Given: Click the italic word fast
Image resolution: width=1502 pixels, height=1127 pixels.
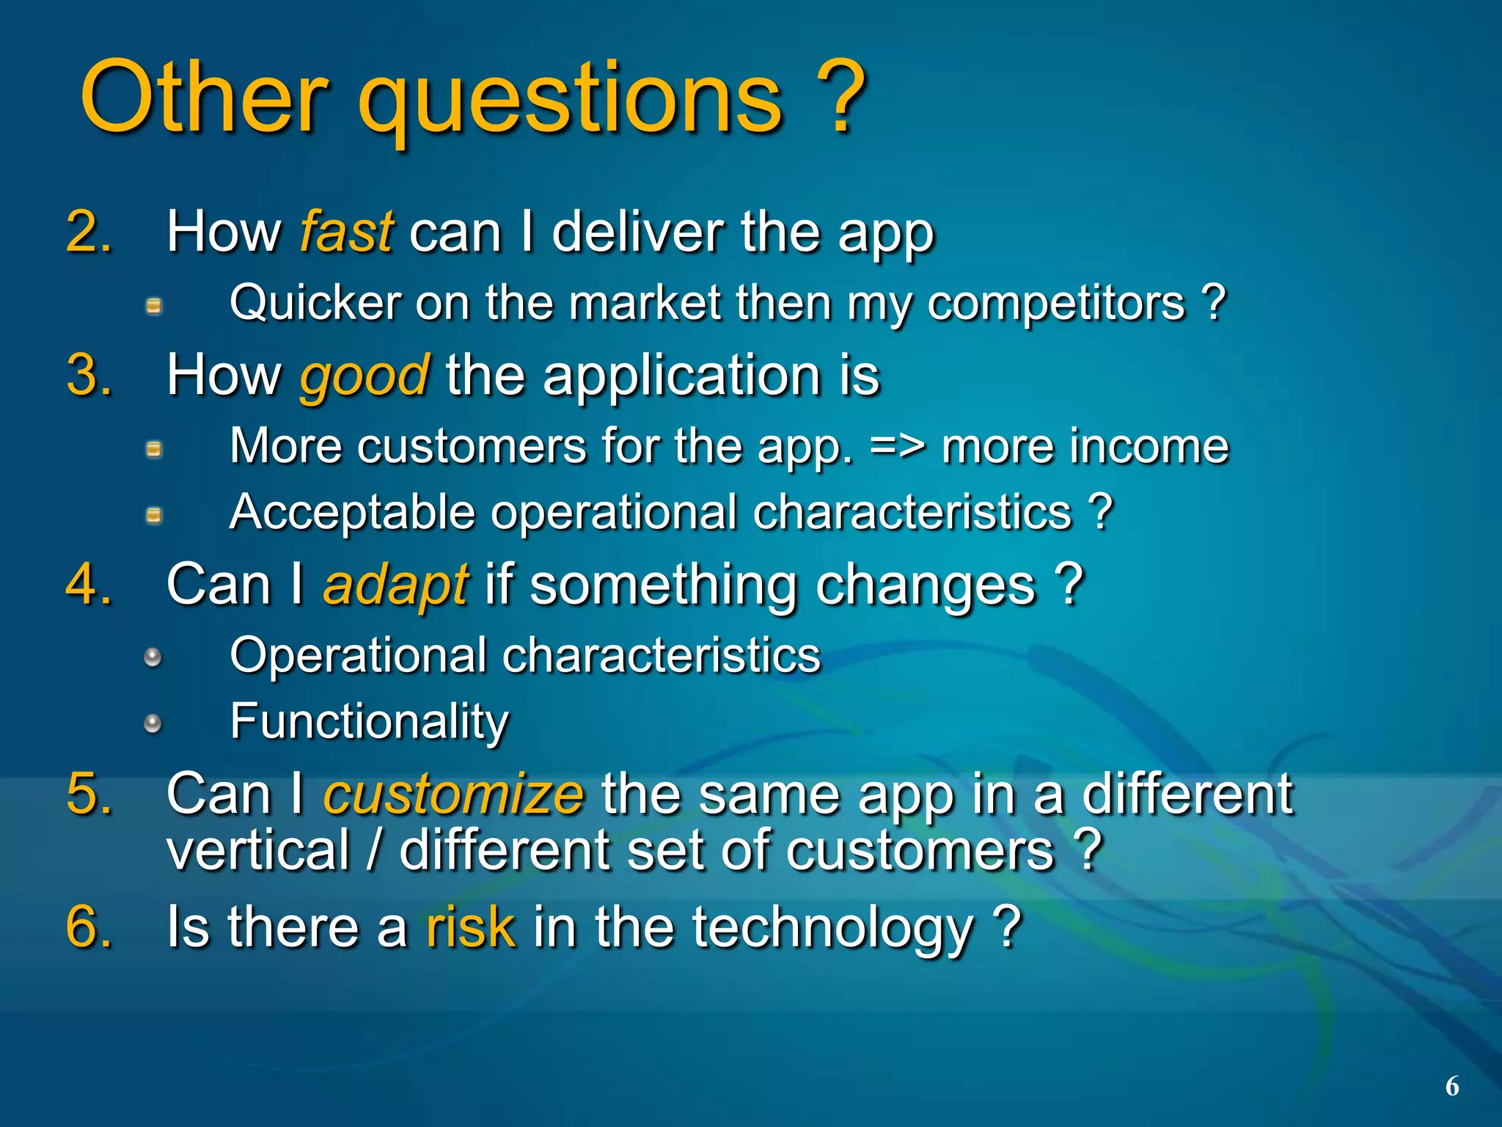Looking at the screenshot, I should [x=346, y=233].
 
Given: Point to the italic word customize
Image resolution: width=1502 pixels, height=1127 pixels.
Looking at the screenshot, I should [x=453, y=795].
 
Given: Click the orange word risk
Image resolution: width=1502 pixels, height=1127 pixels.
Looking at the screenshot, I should [x=470, y=927].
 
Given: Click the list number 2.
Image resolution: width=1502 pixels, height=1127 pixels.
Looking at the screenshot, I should [x=88, y=233].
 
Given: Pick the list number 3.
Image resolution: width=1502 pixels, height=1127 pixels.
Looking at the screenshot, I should [x=88, y=376].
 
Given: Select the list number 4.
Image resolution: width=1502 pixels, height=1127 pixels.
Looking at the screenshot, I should [x=88, y=585].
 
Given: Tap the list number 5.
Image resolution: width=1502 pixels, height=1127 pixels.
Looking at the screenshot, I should [x=88, y=794].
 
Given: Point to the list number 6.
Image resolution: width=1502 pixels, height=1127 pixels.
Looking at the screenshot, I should [x=88, y=927].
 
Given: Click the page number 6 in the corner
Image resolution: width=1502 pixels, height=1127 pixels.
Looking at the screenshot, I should [x=1451, y=1086].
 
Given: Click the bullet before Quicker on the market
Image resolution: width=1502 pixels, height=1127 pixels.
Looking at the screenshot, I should [x=153, y=306].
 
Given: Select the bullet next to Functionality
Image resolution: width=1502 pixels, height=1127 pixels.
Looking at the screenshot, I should [x=153, y=724].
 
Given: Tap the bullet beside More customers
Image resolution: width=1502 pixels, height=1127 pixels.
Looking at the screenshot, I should [x=153, y=449].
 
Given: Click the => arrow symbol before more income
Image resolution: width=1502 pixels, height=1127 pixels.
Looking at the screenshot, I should [x=897, y=447].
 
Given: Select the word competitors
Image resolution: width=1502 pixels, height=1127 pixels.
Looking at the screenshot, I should [x=1055, y=303].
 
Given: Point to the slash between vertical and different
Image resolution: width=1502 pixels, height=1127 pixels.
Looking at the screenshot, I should [x=375, y=851].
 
